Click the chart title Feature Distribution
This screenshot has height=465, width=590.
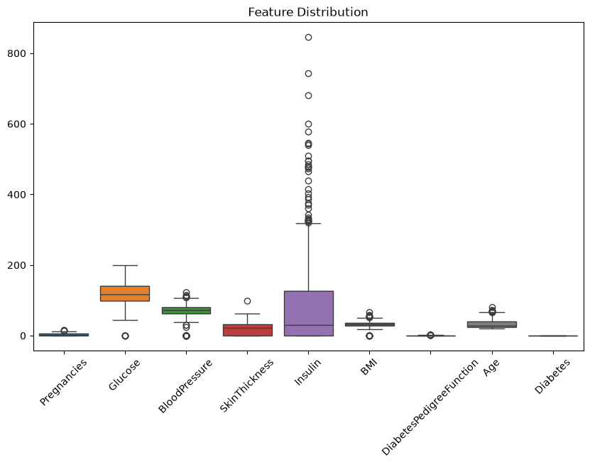pyautogui.click(x=308, y=12)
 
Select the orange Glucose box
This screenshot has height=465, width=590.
pyautogui.click(x=125, y=294)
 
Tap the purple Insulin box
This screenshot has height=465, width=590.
pyautogui.click(x=309, y=313)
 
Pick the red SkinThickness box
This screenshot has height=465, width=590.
pyautogui.click(x=248, y=330)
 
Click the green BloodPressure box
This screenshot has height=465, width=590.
pyautogui.click(x=186, y=311)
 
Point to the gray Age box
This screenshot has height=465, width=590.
pyautogui.click(x=492, y=324)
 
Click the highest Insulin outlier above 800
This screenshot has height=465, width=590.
pyautogui.click(x=309, y=37)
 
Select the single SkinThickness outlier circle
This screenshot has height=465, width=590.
pyautogui.click(x=247, y=301)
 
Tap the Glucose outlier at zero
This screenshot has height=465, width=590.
pyautogui.click(x=125, y=336)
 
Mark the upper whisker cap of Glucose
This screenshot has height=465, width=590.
pyautogui.click(x=125, y=265)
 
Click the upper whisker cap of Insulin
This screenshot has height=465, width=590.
pyautogui.click(x=309, y=223)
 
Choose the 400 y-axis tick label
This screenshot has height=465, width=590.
pyautogui.click(x=16, y=195)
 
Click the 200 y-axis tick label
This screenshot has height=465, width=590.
pyautogui.click(x=16, y=265)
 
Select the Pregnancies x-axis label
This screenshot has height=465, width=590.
pyautogui.click(x=63, y=382)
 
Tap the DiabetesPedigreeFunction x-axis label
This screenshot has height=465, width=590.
pyautogui.click(x=430, y=407)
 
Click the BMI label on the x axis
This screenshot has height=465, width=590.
pyautogui.click(x=368, y=367)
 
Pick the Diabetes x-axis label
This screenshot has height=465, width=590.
pyautogui.click(x=552, y=376)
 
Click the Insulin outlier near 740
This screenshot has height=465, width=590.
pyautogui.click(x=309, y=73)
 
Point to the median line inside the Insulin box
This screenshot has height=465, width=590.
pyautogui.click(x=309, y=325)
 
